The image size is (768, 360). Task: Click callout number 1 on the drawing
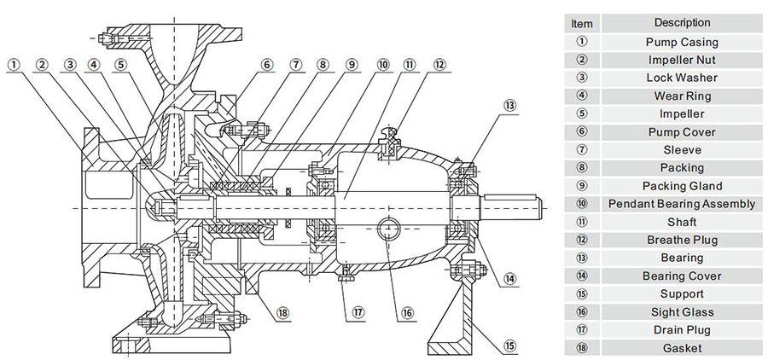pyautogui.click(x=15, y=64)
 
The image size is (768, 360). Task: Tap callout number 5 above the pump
pyautogui.click(x=121, y=64)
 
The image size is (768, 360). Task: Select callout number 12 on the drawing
pyautogui.click(x=439, y=64)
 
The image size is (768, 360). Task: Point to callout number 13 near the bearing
pyautogui.click(x=510, y=105)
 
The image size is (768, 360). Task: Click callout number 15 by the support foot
pyautogui.click(x=510, y=346)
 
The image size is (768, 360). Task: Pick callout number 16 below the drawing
pyautogui.click(x=408, y=312)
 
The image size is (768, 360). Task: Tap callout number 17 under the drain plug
pyautogui.click(x=359, y=312)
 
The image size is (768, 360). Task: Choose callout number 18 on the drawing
pyautogui.click(x=282, y=312)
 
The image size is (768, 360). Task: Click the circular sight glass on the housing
pyautogui.click(x=387, y=227)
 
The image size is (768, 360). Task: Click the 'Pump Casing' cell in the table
pyautogui.click(x=681, y=42)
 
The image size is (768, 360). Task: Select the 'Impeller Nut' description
pyautogui.click(x=681, y=60)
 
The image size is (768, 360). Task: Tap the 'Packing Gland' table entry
pyautogui.click(x=681, y=186)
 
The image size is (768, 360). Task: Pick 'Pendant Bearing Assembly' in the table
pyautogui.click(x=681, y=204)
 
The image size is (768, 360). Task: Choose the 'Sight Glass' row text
pyautogui.click(x=681, y=312)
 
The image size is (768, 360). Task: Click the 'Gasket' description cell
pyautogui.click(x=681, y=348)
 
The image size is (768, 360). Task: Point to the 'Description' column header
pyautogui.click(x=681, y=22)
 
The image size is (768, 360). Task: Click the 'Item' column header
pyautogui.click(x=581, y=24)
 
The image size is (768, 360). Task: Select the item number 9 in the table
pyautogui.click(x=581, y=186)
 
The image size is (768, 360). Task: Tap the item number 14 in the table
pyautogui.click(x=581, y=276)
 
